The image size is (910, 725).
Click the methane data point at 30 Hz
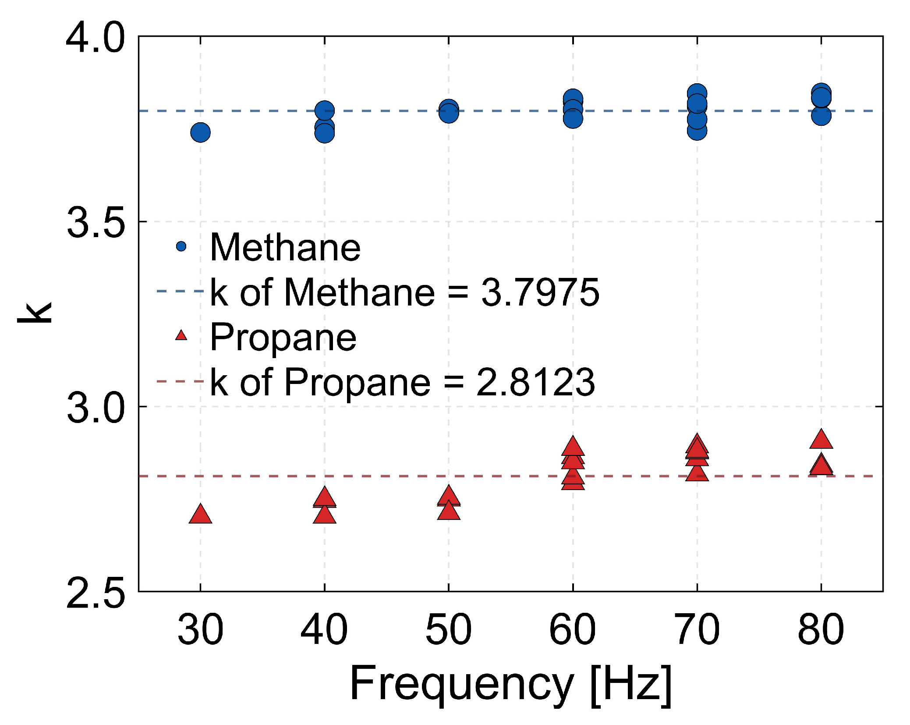(200, 132)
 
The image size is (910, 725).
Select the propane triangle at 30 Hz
(200, 515)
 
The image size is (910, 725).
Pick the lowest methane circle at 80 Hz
(821, 116)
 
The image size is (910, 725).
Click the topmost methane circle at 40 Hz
(324, 110)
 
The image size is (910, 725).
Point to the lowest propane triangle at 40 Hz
(324, 515)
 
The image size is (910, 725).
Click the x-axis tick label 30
(200, 629)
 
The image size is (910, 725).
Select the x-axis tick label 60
(572, 629)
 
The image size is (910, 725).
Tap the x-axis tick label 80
(821, 629)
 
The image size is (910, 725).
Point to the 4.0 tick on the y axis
(96, 38)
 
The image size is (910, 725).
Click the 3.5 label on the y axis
(96, 223)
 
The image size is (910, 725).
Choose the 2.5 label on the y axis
(96, 593)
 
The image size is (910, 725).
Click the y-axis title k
(35, 313)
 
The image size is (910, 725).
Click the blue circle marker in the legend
(181, 246)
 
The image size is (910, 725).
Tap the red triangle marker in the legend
(181, 336)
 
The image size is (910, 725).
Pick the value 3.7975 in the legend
(540, 292)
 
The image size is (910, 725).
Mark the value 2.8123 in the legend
(535, 382)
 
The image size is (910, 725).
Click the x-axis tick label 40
(324, 629)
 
